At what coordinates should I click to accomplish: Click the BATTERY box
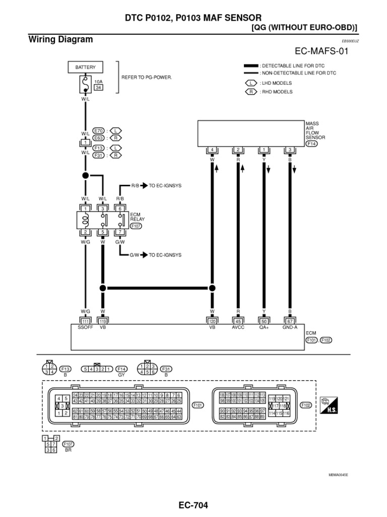point(85,67)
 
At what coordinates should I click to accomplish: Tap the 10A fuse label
point(99,81)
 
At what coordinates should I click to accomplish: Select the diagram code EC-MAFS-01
point(323,51)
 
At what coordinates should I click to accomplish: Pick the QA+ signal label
point(264,327)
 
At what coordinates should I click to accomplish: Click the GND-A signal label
point(290,327)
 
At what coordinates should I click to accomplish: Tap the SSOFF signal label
point(86,327)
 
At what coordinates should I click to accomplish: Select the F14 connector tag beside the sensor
point(312,143)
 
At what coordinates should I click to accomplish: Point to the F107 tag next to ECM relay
point(137,226)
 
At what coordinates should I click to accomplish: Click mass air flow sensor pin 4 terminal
point(212,149)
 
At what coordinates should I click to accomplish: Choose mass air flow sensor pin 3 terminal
point(290,149)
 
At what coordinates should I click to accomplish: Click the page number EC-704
point(193,505)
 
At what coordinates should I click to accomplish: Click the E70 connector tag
point(98,130)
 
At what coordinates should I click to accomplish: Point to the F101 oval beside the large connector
point(198,404)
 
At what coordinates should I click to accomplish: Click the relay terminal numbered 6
point(120,209)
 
